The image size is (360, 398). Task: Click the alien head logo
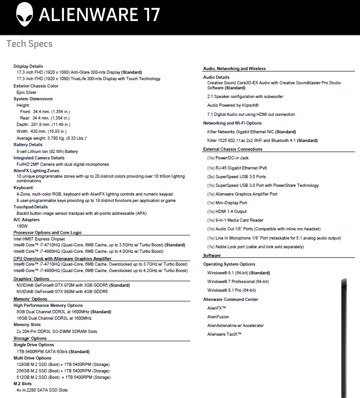point(24,15)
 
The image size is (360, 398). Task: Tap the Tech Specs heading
point(29,44)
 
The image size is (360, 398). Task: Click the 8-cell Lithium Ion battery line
point(47,151)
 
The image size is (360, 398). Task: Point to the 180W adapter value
point(22,226)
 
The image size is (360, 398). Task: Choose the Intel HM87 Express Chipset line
point(39,239)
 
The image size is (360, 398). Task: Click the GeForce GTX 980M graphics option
point(62,291)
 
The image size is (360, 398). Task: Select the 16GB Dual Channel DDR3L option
point(54,318)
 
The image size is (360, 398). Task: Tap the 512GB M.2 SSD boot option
point(63,377)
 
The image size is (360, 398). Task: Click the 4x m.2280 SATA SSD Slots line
point(42,390)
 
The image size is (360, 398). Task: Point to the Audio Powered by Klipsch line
point(233,105)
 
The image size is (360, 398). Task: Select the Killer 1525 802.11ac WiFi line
point(262,140)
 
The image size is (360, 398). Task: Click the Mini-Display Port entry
point(227,202)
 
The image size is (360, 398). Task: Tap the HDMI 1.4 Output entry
point(227,211)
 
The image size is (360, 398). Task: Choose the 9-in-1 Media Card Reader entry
point(235,220)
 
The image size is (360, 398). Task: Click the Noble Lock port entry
point(255,246)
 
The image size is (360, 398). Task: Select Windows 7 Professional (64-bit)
point(238,282)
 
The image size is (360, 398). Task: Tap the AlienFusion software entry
point(218,316)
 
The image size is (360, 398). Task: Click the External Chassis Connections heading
point(233,149)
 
